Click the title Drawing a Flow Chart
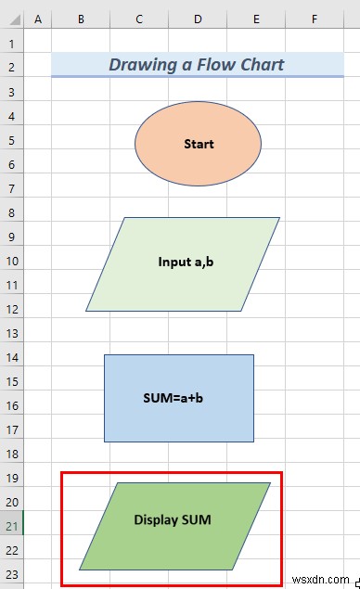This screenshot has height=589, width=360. pos(196,65)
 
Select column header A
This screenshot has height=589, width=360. pos(37,19)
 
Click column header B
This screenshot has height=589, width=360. pos(81,19)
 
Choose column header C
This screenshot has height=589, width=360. pos(139,19)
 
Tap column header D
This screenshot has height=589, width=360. pos(198,19)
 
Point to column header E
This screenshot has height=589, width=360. pos(256,19)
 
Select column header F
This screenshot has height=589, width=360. pos(315,19)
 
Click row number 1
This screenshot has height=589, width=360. pos(11,44)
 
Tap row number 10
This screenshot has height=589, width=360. pos(11,261)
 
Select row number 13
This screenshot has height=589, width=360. pos(11,333)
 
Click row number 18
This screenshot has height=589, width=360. pos(11,454)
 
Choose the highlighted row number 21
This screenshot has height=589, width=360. pos(11,526)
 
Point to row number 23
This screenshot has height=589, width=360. pos(11,574)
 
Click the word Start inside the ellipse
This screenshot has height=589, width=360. pos(199,144)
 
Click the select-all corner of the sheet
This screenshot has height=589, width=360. pos(11,19)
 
